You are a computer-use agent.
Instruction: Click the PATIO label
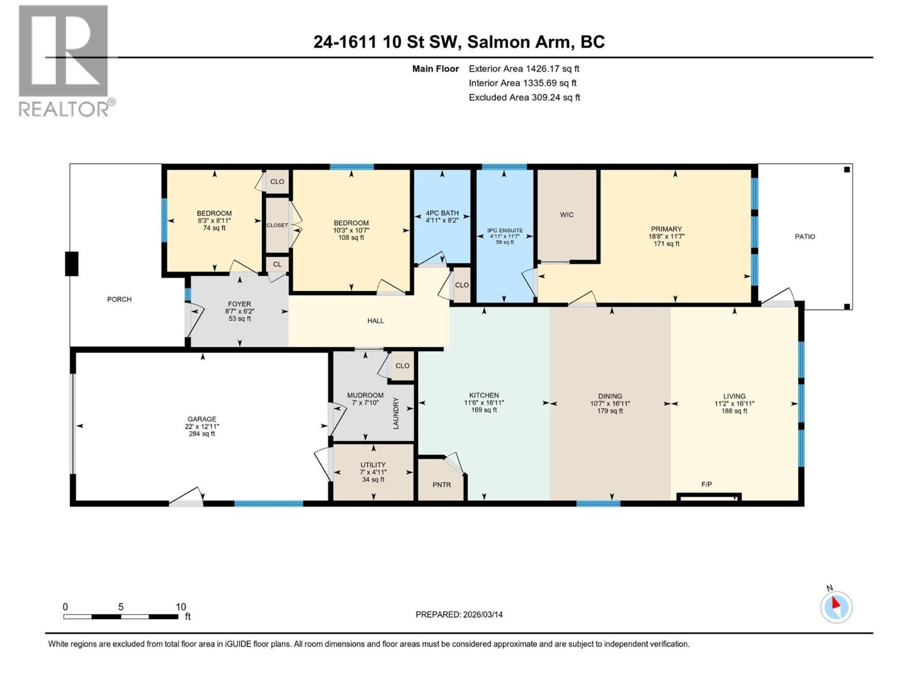click(x=804, y=237)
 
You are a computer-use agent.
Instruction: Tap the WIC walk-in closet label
click(x=566, y=215)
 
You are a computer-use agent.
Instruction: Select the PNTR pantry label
click(x=442, y=485)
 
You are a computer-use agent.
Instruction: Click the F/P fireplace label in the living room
click(x=706, y=485)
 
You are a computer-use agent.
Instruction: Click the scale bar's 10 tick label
click(x=180, y=607)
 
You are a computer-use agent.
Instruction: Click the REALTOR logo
click(x=64, y=61)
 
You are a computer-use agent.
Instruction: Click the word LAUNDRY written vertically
click(x=396, y=413)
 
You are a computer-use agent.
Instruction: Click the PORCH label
click(x=119, y=299)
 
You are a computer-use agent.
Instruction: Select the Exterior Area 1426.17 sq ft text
click(x=523, y=69)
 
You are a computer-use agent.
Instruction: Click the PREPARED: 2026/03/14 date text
click(x=459, y=614)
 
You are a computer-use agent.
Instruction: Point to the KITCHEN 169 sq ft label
click(x=484, y=402)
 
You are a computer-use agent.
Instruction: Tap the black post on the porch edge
click(x=71, y=264)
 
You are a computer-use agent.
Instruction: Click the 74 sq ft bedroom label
click(x=214, y=220)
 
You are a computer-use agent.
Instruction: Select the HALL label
click(x=375, y=321)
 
